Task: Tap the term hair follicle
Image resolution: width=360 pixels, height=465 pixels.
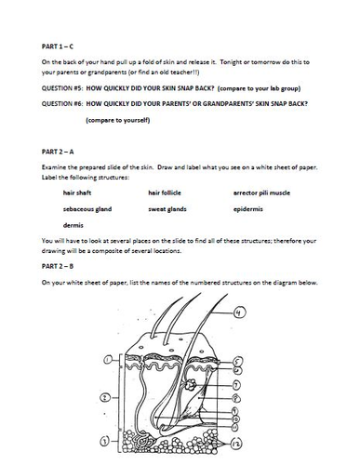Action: [x=167, y=193]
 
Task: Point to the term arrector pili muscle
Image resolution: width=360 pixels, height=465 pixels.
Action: [x=264, y=193]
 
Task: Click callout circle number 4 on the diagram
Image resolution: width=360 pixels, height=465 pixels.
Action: [x=239, y=312]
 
